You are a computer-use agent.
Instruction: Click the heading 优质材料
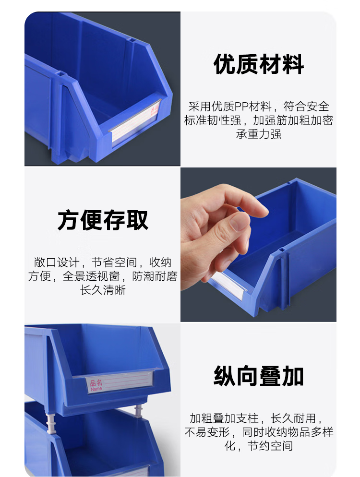pos(259,64)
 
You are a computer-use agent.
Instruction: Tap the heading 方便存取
pos(103,220)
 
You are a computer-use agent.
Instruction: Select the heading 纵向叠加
pos(259,376)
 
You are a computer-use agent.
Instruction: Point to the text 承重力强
pos(259,134)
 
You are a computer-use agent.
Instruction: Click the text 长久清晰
pos(103,290)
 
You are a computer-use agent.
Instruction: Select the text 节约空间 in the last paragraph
pos(270,446)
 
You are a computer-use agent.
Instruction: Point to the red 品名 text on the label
pos(96,382)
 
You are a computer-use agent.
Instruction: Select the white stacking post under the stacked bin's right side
pos(138,411)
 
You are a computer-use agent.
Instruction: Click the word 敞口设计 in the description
pos(57,262)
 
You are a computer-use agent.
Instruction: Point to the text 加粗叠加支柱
pos(224,418)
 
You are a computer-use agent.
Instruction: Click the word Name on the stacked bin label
pos(96,389)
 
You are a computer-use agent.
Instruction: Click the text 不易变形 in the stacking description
pos(207,432)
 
